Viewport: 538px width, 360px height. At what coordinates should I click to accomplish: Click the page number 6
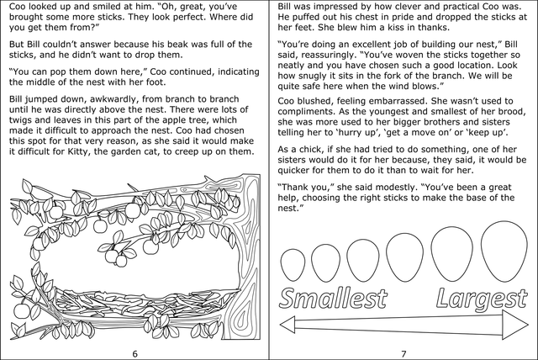[134, 352]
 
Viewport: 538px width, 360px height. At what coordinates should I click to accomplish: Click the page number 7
[403, 352]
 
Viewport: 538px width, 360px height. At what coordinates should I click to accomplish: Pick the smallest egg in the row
[295, 260]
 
